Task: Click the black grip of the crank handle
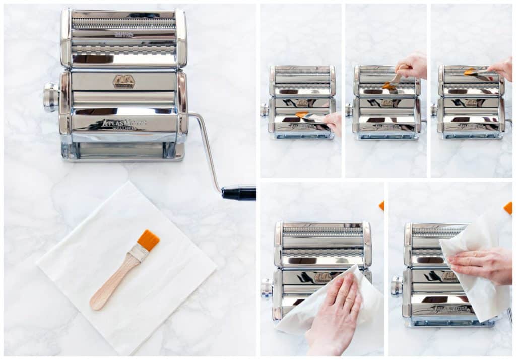239,193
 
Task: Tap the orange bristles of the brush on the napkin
149,240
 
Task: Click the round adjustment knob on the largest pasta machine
50,97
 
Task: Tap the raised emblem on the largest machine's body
123,81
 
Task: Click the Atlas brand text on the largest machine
123,123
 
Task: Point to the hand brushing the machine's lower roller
333,123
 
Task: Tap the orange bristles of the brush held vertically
389,86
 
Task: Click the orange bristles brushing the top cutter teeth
470,72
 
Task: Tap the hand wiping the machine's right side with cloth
481,265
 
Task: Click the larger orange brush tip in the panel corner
508,207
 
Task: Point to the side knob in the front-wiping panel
267,288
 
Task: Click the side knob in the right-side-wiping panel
397,286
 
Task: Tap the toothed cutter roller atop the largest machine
123,23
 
